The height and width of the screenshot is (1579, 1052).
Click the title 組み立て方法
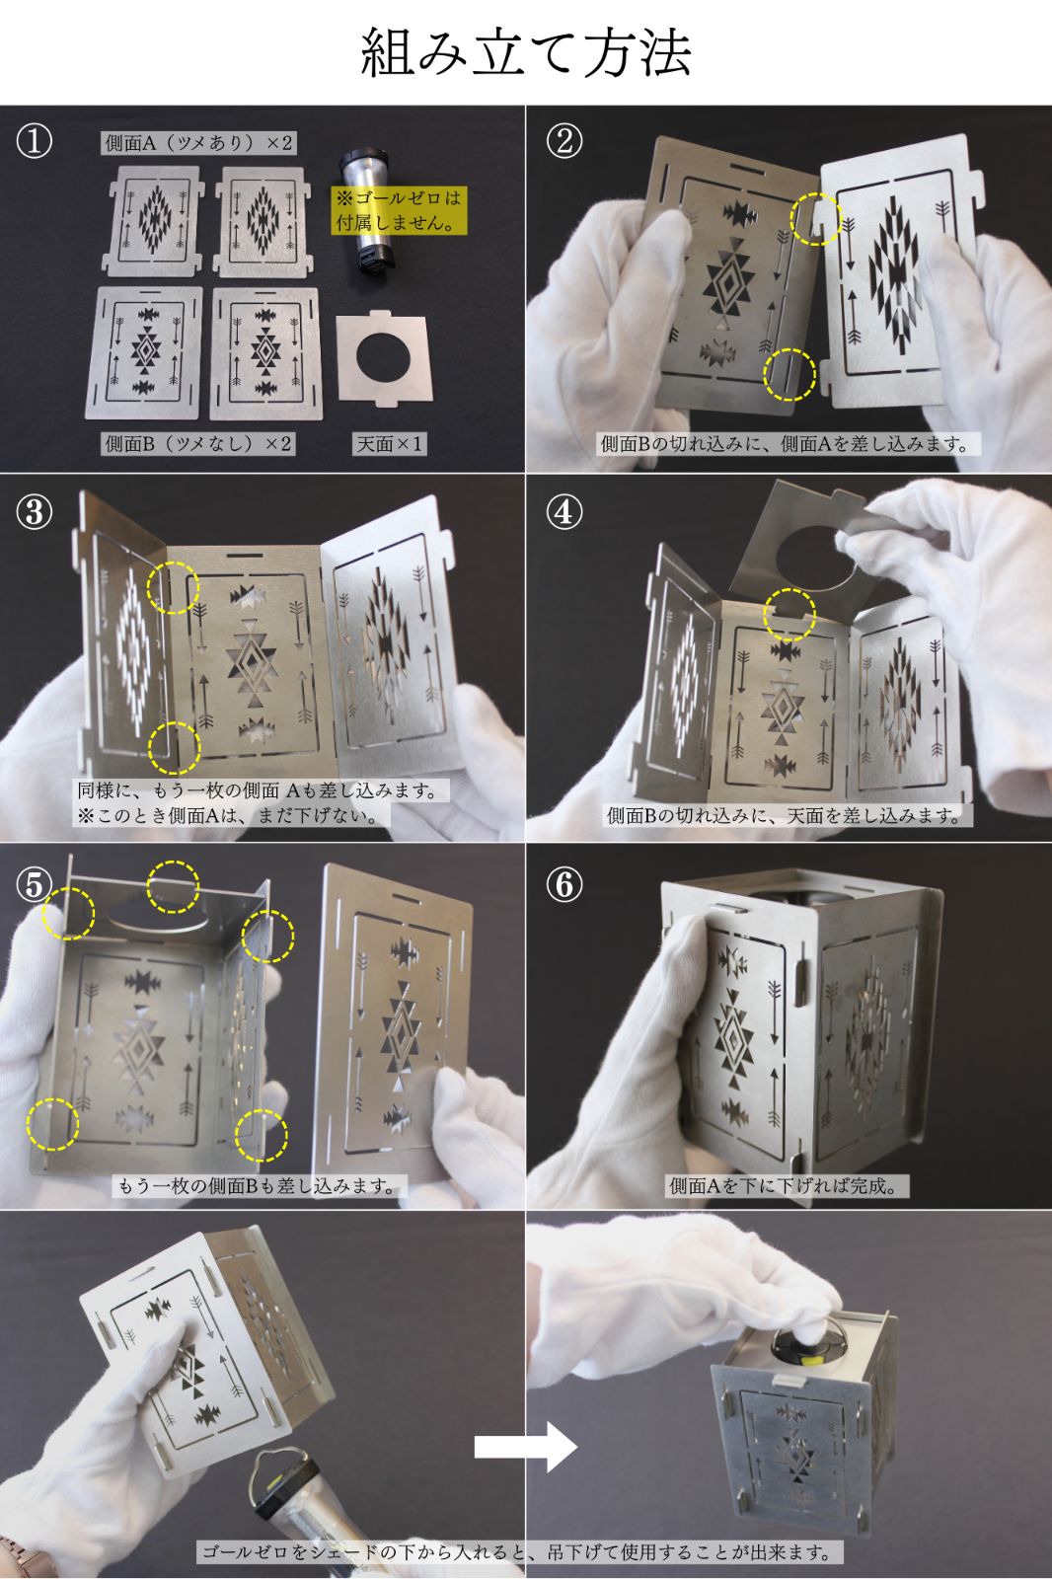coord(526,52)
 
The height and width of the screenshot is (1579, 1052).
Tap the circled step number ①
coord(34,142)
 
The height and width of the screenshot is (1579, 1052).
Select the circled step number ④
coord(564,512)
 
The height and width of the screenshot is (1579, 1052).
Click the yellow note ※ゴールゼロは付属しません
coord(399,210)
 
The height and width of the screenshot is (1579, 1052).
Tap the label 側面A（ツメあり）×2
coord(198,143)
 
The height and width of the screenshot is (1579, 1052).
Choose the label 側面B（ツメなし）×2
coord(198,443)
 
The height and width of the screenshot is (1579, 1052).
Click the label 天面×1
coord(389,443)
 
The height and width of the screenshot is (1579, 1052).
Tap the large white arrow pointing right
coord(526,1447)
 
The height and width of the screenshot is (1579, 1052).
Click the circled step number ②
coord(564,142)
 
